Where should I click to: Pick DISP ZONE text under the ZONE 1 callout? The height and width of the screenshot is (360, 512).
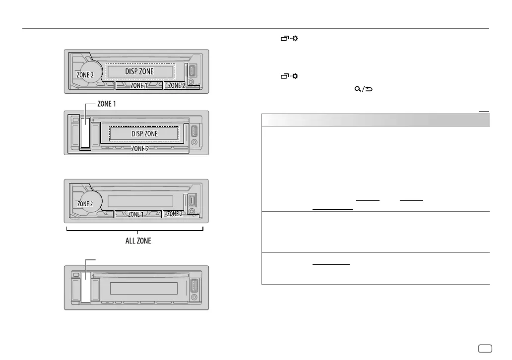click(143, 134)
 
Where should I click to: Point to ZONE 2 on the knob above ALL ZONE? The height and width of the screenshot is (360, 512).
click(84, 203)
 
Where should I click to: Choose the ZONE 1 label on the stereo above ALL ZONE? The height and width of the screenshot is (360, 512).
click(138, 214)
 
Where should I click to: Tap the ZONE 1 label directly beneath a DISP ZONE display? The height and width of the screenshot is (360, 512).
click(139, 86)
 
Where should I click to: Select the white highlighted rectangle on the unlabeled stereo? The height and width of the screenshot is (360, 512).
click(86, 289)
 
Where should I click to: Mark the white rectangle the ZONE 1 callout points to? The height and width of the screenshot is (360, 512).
click(86, 133)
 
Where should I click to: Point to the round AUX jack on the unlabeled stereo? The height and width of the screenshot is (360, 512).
click(193, 298)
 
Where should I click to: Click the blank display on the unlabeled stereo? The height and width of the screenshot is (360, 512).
click(144, 288)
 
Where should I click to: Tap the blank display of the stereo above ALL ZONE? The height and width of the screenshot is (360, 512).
click(139, 200)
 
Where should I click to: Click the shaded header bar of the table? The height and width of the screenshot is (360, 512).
click(376, 120)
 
